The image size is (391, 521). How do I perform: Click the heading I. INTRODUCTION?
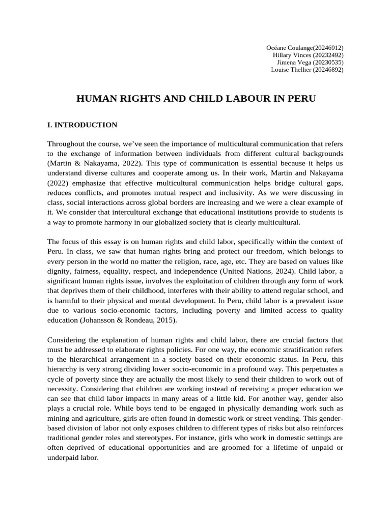82,125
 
